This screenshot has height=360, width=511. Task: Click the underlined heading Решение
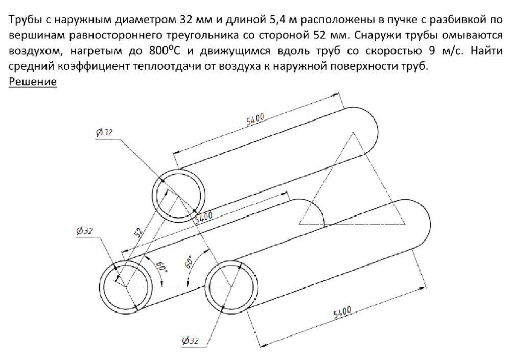tap(33, 82)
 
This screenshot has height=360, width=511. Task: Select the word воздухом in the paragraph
tap(35, 51)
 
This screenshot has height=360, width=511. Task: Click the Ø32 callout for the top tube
tap(104, 132)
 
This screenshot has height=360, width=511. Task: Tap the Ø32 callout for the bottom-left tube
tap(84, 231)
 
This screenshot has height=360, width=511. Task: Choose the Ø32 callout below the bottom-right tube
tap(190, 341)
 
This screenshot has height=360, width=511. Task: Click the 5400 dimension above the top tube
tap(255, 119)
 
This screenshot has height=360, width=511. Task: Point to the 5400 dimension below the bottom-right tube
tap(342, 312)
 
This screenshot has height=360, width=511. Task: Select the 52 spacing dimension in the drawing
tap(138, 232)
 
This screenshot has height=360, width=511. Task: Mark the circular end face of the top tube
tap(179, 196)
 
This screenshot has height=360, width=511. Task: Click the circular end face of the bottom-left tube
tap(126, 287)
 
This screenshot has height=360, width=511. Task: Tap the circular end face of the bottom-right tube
tap(231, 287)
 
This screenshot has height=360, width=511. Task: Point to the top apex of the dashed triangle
tap(353, 132)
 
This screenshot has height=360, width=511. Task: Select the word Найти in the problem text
tap(486, 51)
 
